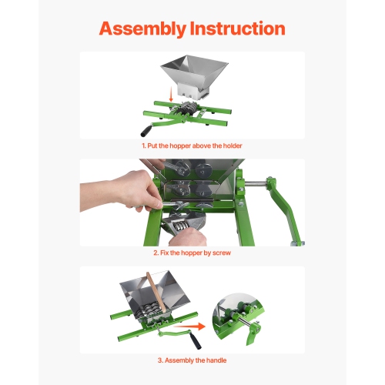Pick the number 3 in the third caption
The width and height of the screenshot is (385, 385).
point(159,360)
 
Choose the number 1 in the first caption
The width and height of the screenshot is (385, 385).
point(142,144)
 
